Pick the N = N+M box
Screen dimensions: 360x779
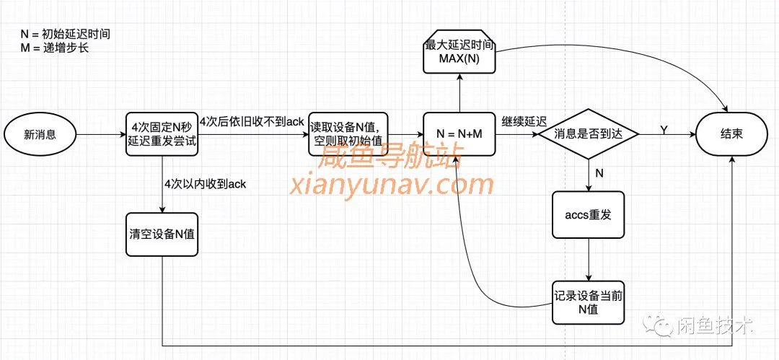click(459, 135)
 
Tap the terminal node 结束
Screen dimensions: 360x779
click(731, 135)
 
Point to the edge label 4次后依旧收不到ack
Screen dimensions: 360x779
click(252, 120)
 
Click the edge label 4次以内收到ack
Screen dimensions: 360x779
click(205, 184)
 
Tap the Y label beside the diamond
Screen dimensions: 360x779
click(664, 128)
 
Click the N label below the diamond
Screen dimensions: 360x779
click(599, 173)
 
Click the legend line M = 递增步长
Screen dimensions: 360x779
click(55, 48)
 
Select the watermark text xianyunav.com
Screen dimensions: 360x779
click(392, 185)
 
